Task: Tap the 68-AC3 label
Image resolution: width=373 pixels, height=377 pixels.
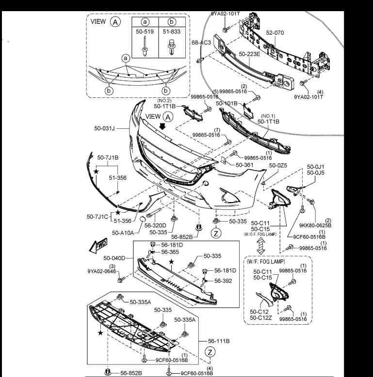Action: pos(201,43)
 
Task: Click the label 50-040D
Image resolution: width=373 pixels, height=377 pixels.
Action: pos(113,258)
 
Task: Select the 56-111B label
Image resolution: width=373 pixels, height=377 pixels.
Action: pos(218,341)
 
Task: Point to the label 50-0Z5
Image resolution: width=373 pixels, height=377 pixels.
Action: pos(278,165)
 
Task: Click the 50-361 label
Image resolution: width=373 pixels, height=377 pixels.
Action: pos(245,165)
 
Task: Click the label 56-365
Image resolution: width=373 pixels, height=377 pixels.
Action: pos(170,252)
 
